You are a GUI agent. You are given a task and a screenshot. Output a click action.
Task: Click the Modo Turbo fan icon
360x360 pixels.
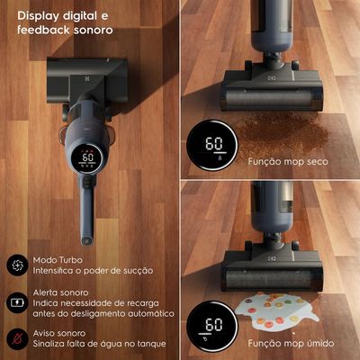point(17,265)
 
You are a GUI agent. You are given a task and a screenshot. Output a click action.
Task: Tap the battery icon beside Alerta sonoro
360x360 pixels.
point(17,302)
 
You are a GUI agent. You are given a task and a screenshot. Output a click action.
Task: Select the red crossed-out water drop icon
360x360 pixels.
point(17,338)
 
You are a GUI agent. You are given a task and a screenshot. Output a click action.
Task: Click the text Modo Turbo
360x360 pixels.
point(58,260)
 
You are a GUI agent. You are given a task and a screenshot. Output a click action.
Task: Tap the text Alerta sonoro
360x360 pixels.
point(60,292)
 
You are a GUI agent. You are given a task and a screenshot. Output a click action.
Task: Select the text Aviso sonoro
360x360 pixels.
point(59,333)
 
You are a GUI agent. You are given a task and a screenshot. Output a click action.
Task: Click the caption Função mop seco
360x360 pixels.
point(288,162)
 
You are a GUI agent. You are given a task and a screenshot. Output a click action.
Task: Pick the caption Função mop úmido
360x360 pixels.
point(291,343)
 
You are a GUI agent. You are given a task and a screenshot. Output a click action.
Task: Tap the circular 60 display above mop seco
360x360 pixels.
point(212,146)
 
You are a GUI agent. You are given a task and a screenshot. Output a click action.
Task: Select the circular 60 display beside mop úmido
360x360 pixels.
point(212,327)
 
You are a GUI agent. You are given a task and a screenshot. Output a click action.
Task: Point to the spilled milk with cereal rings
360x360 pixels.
point(276,311)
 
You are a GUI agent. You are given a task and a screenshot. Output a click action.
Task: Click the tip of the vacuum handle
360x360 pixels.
point(86,240)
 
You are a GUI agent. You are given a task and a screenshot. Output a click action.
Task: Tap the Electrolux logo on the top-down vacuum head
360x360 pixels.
point(87,79)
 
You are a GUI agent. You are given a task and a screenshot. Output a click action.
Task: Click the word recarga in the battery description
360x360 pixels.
point(142,303)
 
